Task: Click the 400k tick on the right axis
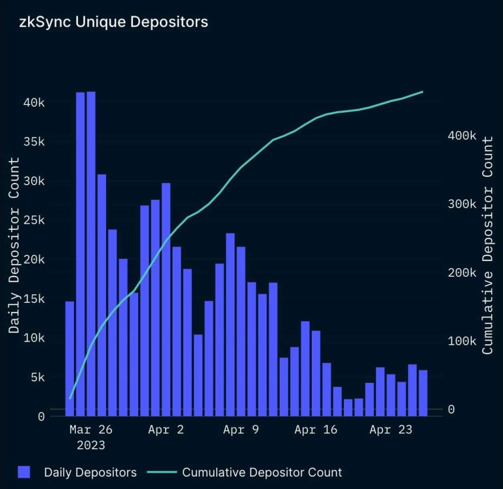coord(462,136)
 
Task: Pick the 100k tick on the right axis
coord(462,341)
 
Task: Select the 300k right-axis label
coord(462,204)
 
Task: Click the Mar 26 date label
coord(91,430)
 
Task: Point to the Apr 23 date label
coord(390,430)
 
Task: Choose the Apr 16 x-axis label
coord(316,430)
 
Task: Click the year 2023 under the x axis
coord(91,445)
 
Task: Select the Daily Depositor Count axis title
coord(14,245)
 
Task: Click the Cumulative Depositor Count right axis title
coord(487,245)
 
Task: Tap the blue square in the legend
coord(24,472)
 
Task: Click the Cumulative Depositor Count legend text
coord(262,472)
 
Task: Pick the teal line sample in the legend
coord(161,472)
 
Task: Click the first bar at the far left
coord(69,358)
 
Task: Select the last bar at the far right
coord(423,393)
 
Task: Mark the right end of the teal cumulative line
coord(422,92)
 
